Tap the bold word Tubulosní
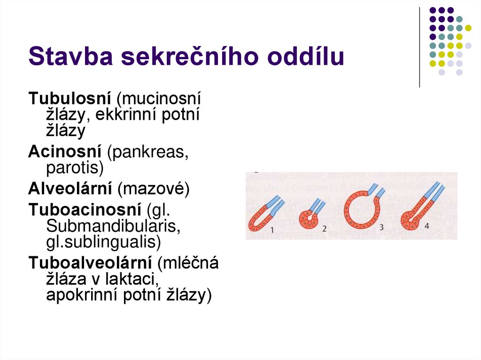tap(70, 99)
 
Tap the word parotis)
tap(75, 167)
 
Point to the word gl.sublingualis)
tap(103, 242)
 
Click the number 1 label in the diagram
tap(272, 230)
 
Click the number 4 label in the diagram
tap(427, 226)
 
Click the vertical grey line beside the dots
tap(419, 47)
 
